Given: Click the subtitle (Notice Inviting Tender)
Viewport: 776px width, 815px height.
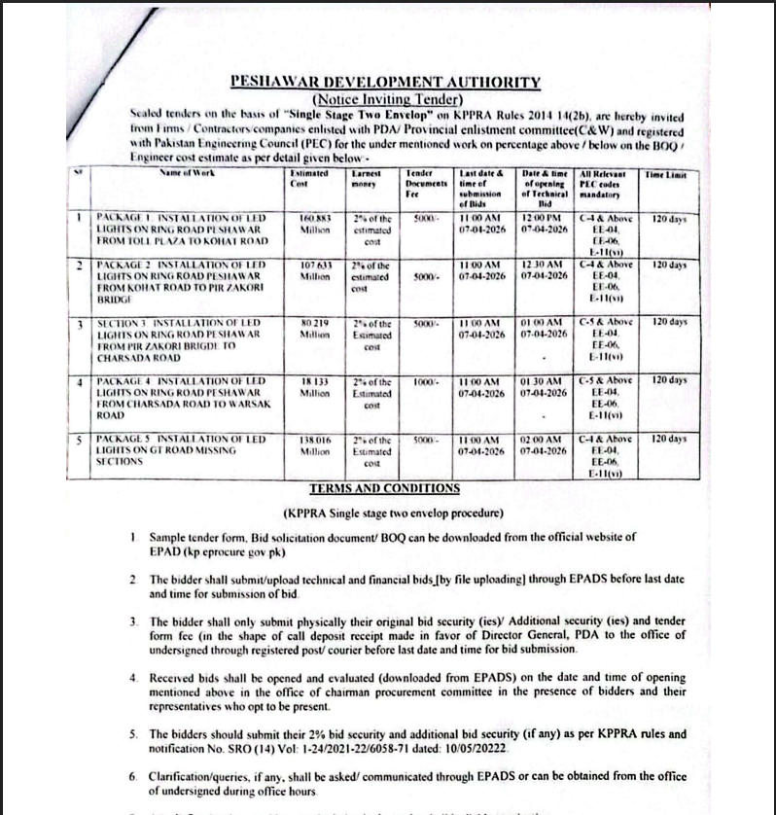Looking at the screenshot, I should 386,98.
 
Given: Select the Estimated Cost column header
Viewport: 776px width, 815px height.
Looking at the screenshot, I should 306,179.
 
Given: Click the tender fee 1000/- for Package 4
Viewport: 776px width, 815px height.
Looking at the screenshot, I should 422,380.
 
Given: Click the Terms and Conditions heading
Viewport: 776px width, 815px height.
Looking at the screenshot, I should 384,488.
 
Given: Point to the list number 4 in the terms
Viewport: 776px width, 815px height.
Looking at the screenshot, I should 133,675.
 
